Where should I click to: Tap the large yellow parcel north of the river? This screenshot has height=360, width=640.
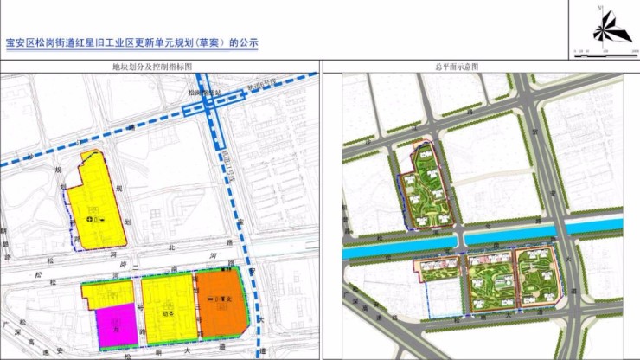(x=95, y=199)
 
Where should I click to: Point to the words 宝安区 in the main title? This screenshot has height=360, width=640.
(x=19, y=42)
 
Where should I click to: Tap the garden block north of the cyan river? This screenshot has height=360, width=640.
(x=427, y=189)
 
